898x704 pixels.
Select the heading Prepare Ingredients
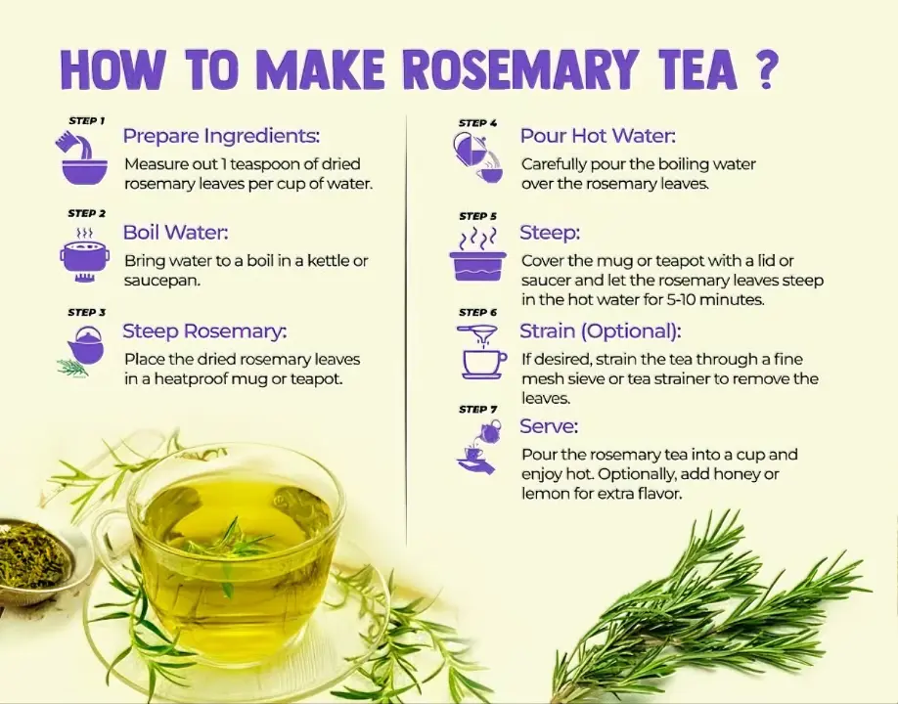point(221,135)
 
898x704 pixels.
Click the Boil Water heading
point(175,233)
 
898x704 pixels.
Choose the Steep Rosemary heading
point(204,331)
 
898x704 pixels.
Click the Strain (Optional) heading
point(600,330)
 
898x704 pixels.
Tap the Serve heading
point(549,426)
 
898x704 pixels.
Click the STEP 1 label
point(86,121)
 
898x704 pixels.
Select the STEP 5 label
point(477,216)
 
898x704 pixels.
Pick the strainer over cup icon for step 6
point(482,352)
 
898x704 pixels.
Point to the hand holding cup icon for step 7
point(478,449)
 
